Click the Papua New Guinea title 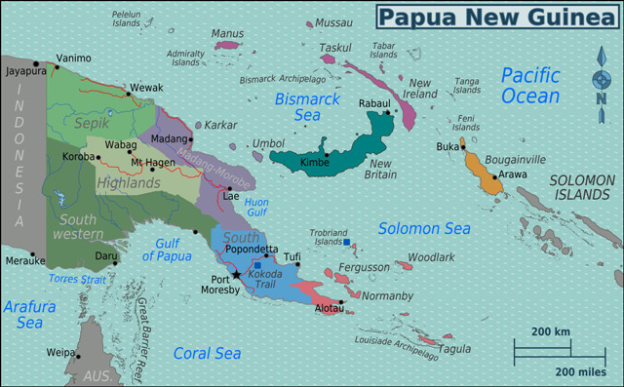point(495,16)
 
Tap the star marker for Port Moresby point(236,276)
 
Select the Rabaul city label point(374,103)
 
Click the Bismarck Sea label point(306,106)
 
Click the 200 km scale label point(550,332)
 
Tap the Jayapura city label point(24,71)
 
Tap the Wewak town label point(147,88)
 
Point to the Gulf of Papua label point(167,250)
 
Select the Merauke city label point(23,261)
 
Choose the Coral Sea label point(207,353)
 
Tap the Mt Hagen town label point(152,162)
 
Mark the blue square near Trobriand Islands point(346,242)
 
